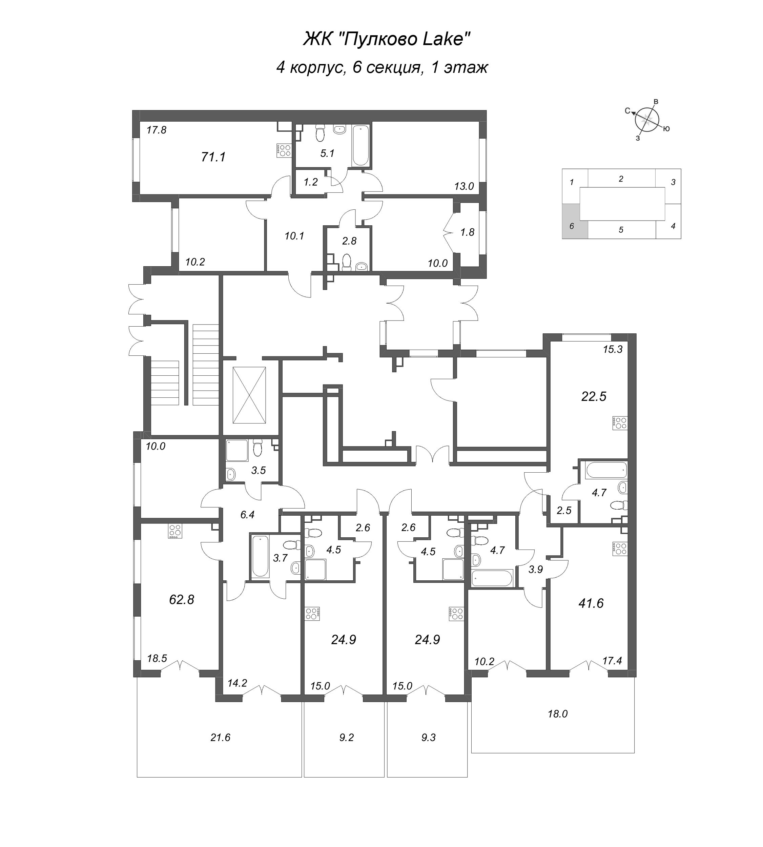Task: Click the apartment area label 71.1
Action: tap(213, 157)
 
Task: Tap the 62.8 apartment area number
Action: tap(182, 600)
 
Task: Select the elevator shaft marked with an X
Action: tap(249, 395)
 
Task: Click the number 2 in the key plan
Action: tap(621, 179)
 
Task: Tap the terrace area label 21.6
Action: tap(221, 737)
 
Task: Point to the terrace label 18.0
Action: tap(558, 714)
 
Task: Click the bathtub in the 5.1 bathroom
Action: tap(361, 145)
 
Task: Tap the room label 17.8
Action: tap(157, 130)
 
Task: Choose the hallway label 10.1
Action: tap(294, 236)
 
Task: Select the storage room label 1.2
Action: tap(311, 182)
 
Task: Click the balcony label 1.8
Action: tap(468, 232)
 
